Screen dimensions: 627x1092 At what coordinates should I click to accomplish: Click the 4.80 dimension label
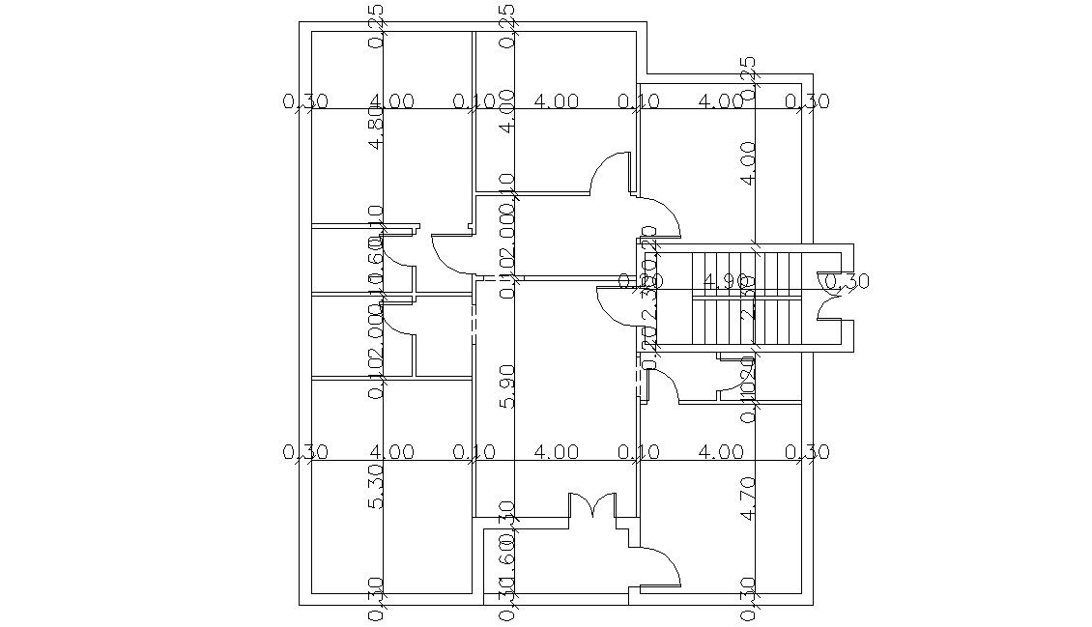click(x=377, y=128)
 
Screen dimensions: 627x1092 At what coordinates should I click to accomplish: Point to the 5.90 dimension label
click(x=506, y=385)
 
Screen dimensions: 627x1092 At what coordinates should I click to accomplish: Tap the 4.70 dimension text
click(x=747, y=499)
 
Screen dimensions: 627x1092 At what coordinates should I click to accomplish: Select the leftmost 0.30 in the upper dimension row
click(x=305, y=101)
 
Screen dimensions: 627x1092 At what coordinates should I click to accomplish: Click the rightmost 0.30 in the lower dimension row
click(x=807, y=452)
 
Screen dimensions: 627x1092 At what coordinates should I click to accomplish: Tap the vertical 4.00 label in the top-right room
click(x=747, y=163)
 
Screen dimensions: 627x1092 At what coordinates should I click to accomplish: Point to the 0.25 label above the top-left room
click(x=377, y=25)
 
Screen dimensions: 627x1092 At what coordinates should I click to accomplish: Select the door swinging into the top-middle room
click(x=611, y=174)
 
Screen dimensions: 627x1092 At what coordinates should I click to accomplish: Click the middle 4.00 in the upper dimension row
click(x=556, y=101)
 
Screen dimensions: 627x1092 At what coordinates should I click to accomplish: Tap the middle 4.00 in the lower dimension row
click(x=556, y=452)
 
